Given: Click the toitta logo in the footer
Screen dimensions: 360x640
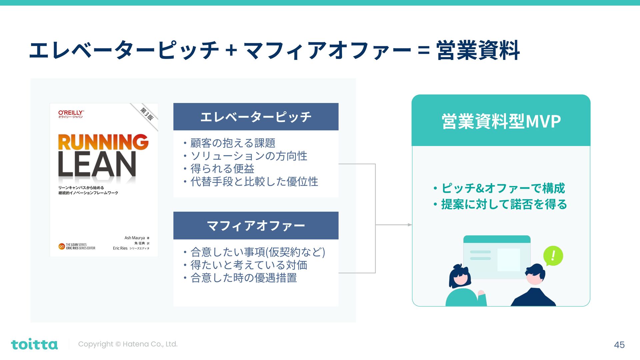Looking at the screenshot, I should [34, 344].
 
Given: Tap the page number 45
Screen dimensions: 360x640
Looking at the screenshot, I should [619, 345].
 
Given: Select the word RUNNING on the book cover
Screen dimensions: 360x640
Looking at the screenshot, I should [103, 142].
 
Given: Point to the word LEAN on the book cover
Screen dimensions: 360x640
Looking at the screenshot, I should [97, 165].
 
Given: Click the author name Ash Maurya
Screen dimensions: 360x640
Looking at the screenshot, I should [134, 238].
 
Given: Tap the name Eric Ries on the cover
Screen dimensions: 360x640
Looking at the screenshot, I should [120, 248].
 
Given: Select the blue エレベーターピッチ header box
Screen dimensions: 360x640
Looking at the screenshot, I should [256, 117].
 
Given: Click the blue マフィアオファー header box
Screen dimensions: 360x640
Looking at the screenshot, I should [256, 226].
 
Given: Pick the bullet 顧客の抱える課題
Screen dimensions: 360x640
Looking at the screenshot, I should [233, 143].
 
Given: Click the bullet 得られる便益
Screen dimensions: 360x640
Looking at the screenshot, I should [222, 169].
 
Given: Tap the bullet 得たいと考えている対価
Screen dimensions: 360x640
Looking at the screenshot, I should [249, 265].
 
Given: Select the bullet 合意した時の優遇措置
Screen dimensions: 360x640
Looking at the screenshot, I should [243, 278].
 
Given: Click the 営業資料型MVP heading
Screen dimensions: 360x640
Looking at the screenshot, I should [501, 121].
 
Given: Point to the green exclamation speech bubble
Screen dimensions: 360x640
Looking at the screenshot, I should [553, 256].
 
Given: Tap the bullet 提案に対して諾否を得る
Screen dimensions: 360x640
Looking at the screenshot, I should [504, 204].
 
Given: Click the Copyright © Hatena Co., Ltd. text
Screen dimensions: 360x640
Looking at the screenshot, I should [128, 344].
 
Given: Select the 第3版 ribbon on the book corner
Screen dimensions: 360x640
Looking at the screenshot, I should [147, 114].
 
